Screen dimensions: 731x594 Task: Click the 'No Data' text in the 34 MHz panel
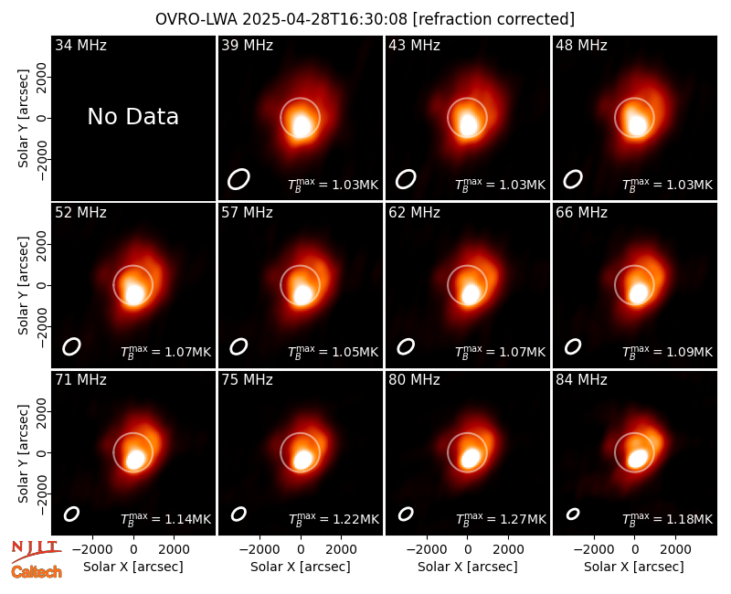[x=132, y=117]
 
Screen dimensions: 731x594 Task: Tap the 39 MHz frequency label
[x=247, y=45]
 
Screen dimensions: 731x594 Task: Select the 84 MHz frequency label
[x=581, y=380]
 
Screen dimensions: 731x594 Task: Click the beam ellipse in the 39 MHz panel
[x=238, y=179]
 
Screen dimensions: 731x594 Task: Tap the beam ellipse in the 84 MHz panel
[x=573, y=514]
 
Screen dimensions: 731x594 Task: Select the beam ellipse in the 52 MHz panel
[x=72, y=346]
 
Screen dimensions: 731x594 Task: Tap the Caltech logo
[x=37, y=572]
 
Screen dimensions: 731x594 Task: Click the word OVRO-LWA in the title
[x=196, y=19]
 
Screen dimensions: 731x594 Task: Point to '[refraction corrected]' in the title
[x=493, y=19]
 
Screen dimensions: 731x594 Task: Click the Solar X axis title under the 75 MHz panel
[x=301, y=567]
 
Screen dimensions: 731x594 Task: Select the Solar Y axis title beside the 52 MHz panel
[x=24, y=285]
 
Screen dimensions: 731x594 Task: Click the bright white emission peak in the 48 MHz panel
[x=637, y=125]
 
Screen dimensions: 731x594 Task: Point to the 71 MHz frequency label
[x=80, y=380]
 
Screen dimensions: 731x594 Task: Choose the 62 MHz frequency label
[x=415, y=213]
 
